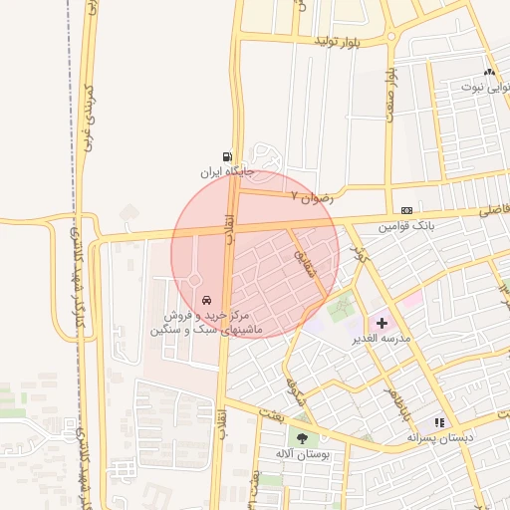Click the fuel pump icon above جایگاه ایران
tap(228, 156)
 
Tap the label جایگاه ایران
tap(228, 172)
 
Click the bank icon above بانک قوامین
tap(406, 211)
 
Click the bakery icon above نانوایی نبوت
tap(488, 72)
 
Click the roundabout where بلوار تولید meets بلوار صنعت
tap(391, 42)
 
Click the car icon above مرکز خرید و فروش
tap(206, 300)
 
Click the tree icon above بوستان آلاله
tap(302, 438)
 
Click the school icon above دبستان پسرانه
tap(439, 423)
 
